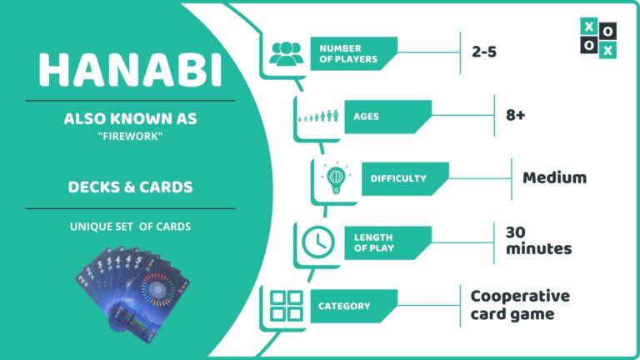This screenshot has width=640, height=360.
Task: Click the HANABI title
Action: pyautogui.click(x=130, y=70)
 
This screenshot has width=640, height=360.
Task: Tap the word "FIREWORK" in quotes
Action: pyautogui.click(x=130, y=137)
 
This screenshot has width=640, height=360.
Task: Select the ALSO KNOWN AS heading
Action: pyautogui.click(x=130, y=119)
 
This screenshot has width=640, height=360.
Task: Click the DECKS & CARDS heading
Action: pyautogui.click(x=130, y=187)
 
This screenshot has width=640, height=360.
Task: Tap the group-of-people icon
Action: pyautogui.click(x=285, y=53)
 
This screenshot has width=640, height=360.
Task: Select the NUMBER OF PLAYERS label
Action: pyautogui.click(x=347, y=53)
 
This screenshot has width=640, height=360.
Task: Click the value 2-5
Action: pyautogui.click(x=490, y=53)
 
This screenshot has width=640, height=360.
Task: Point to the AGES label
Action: pyautogui.click(x=367, y=117)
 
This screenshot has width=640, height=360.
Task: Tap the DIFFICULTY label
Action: pyautogui.click(x=399, y=177)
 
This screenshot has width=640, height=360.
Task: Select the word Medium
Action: pyautogui.click(x=554, y=177)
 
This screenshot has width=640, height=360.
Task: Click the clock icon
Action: pyautogui.click(x=317, y=242)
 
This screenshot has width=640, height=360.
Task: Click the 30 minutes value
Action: pyautogui.click(x=537, y=240)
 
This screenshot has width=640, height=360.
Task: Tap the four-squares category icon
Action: pyautogui.click(x=286, y=306)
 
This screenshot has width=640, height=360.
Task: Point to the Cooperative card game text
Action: pyautogui.click(x=520, y=305)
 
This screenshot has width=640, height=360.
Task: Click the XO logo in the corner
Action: pyautogui.click(x=598, y=38)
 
